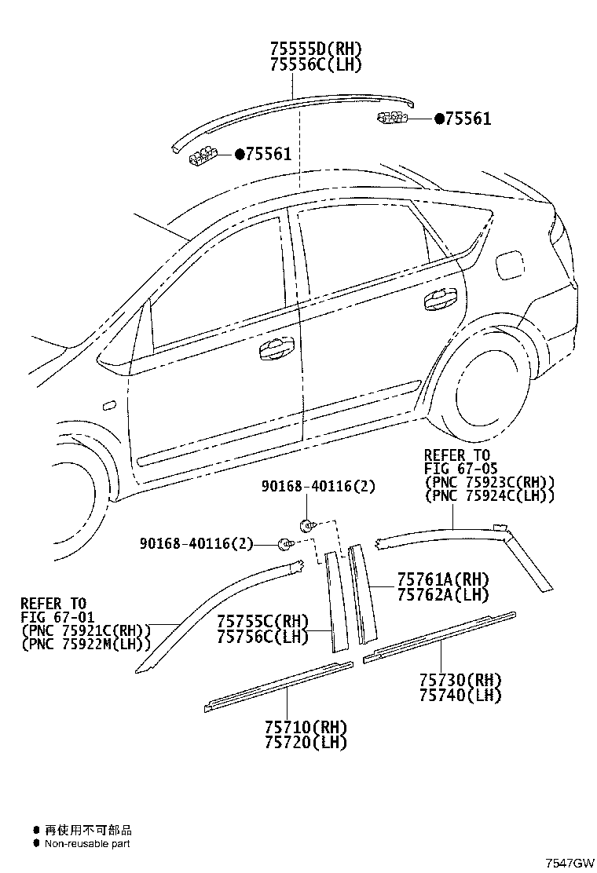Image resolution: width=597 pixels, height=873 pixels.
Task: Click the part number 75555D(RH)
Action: coord(316,49)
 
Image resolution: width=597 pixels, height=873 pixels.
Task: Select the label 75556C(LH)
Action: coord(316,64)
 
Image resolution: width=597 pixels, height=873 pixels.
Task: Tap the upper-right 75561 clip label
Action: coord(463,119)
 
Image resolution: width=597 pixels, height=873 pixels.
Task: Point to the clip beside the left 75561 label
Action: coord(203,155)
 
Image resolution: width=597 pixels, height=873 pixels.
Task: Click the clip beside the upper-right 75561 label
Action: coord(392,117)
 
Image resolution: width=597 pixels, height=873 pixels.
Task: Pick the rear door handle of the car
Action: coord(441,300)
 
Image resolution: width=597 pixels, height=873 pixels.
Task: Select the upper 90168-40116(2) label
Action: coord(319,487)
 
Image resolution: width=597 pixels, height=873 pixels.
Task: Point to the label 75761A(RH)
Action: coord(443,579)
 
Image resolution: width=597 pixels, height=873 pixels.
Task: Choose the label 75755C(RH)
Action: coord(262,621)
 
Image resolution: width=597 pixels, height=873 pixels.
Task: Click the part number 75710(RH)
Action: coord(306,726)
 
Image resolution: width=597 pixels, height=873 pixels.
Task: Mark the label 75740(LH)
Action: coord(460,695)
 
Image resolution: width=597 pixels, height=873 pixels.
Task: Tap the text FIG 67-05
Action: coord(460,469)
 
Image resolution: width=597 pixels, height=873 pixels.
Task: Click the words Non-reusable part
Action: coord(87,843)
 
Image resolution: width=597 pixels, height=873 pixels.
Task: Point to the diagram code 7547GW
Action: coord(570,863)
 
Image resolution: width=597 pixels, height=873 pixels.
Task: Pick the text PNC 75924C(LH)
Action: coord(489,495)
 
